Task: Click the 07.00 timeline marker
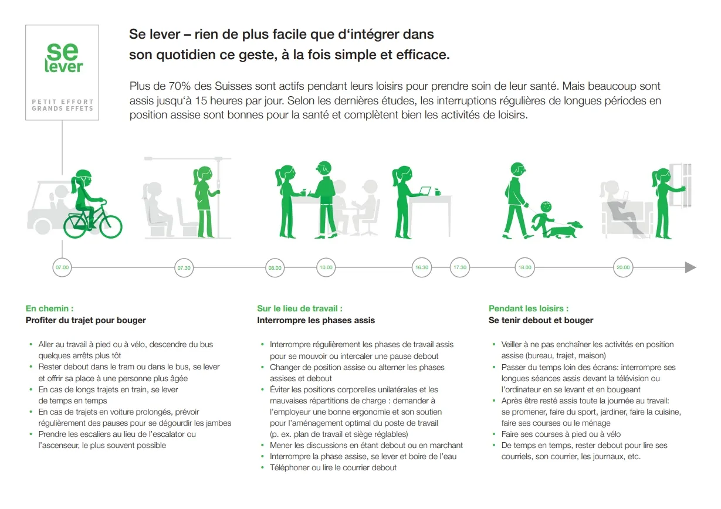click(x=62, y=267)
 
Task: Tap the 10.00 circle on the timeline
click(x=326, y=267)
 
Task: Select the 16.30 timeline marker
click(x=422, y=267)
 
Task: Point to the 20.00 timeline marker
click(x=623, y=267)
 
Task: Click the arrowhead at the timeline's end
click(x=690, y=267)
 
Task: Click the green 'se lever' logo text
click(x=63, y=58)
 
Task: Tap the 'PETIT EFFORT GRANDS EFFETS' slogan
click(x=62, y=105)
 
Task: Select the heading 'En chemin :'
click(x=49, y=308)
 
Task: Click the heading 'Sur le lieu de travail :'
click(x=300, y=308)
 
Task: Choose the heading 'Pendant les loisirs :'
click(x=529, y=308)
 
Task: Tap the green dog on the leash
click(x=566, y=229)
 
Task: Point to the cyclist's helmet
click(x=83, y=175)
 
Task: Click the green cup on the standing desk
click(x=438, y=192)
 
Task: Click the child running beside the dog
click(x=543, y=219)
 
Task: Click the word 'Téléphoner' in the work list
click(x=289, y=467)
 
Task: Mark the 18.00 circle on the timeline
click(x=524, y=267)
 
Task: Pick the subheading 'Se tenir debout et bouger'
click(x=541, y=320)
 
